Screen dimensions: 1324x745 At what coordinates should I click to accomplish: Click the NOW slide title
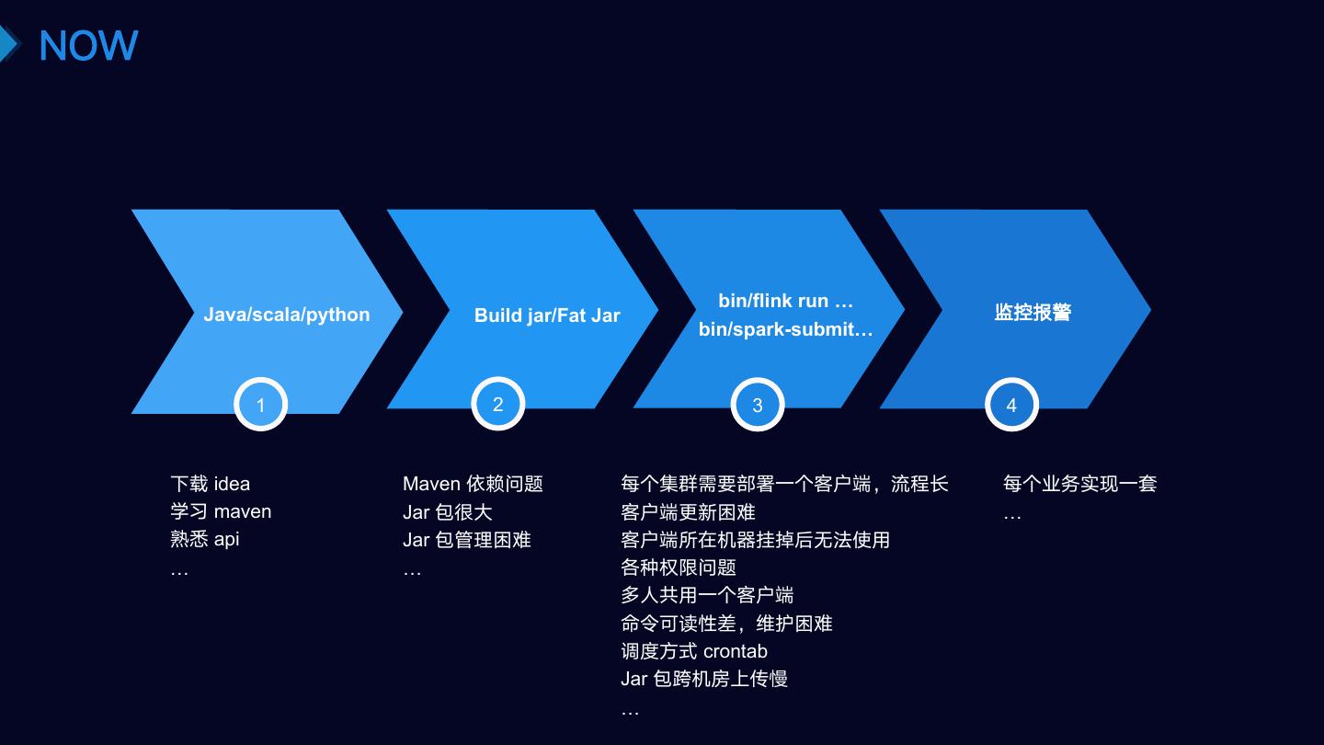click(88, 45)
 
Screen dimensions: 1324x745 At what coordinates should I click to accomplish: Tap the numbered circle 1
click(261, 405)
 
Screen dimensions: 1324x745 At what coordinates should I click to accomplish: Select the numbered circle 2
click(498, 404)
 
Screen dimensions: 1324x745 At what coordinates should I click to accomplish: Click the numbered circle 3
click(758, 405)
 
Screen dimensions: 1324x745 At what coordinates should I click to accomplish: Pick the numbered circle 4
click(1011, 405)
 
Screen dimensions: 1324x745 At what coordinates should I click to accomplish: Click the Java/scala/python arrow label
click(287, 315)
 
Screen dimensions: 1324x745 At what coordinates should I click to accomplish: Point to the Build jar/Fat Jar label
click(547, 315)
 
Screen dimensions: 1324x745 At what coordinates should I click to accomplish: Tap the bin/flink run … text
click(786, 301)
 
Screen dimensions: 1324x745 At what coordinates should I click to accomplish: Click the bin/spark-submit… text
click(786, 329)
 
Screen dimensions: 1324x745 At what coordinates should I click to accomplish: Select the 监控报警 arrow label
click(1033, 313)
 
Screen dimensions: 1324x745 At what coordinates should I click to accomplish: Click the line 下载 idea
click(211, 484)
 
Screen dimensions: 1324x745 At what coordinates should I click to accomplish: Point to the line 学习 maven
click(221, 511)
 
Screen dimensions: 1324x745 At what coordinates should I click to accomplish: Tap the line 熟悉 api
click(205, 539)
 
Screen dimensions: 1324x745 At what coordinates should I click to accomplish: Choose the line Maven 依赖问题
click(473, 484)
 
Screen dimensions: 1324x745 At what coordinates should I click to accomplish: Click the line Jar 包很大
click(448, 512)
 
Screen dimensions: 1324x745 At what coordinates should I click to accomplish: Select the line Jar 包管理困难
click(467, 540)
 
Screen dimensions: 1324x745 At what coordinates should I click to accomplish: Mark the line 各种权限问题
click(679, 567)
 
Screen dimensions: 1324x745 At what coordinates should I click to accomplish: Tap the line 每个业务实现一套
click(1079, 484)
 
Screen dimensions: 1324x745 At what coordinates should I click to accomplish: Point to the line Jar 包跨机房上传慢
click(704, 679)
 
